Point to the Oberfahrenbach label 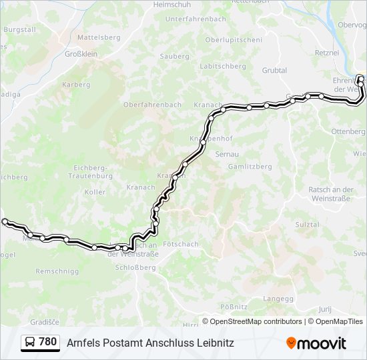[x=152, y=105]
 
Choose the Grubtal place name [x=274, y=70]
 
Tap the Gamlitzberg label [x=250, y=166]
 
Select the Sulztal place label [x=308, y=225]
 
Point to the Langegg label [x=278, y=298]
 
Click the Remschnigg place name [x=57, y=271]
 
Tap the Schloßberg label [x=135, y=267]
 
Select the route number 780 [x=48, y=342]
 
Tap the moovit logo [x=316, y=343]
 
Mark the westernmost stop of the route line [x=5, y=221]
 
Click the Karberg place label [x=76, y=85]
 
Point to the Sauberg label [x=175, y=57]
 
